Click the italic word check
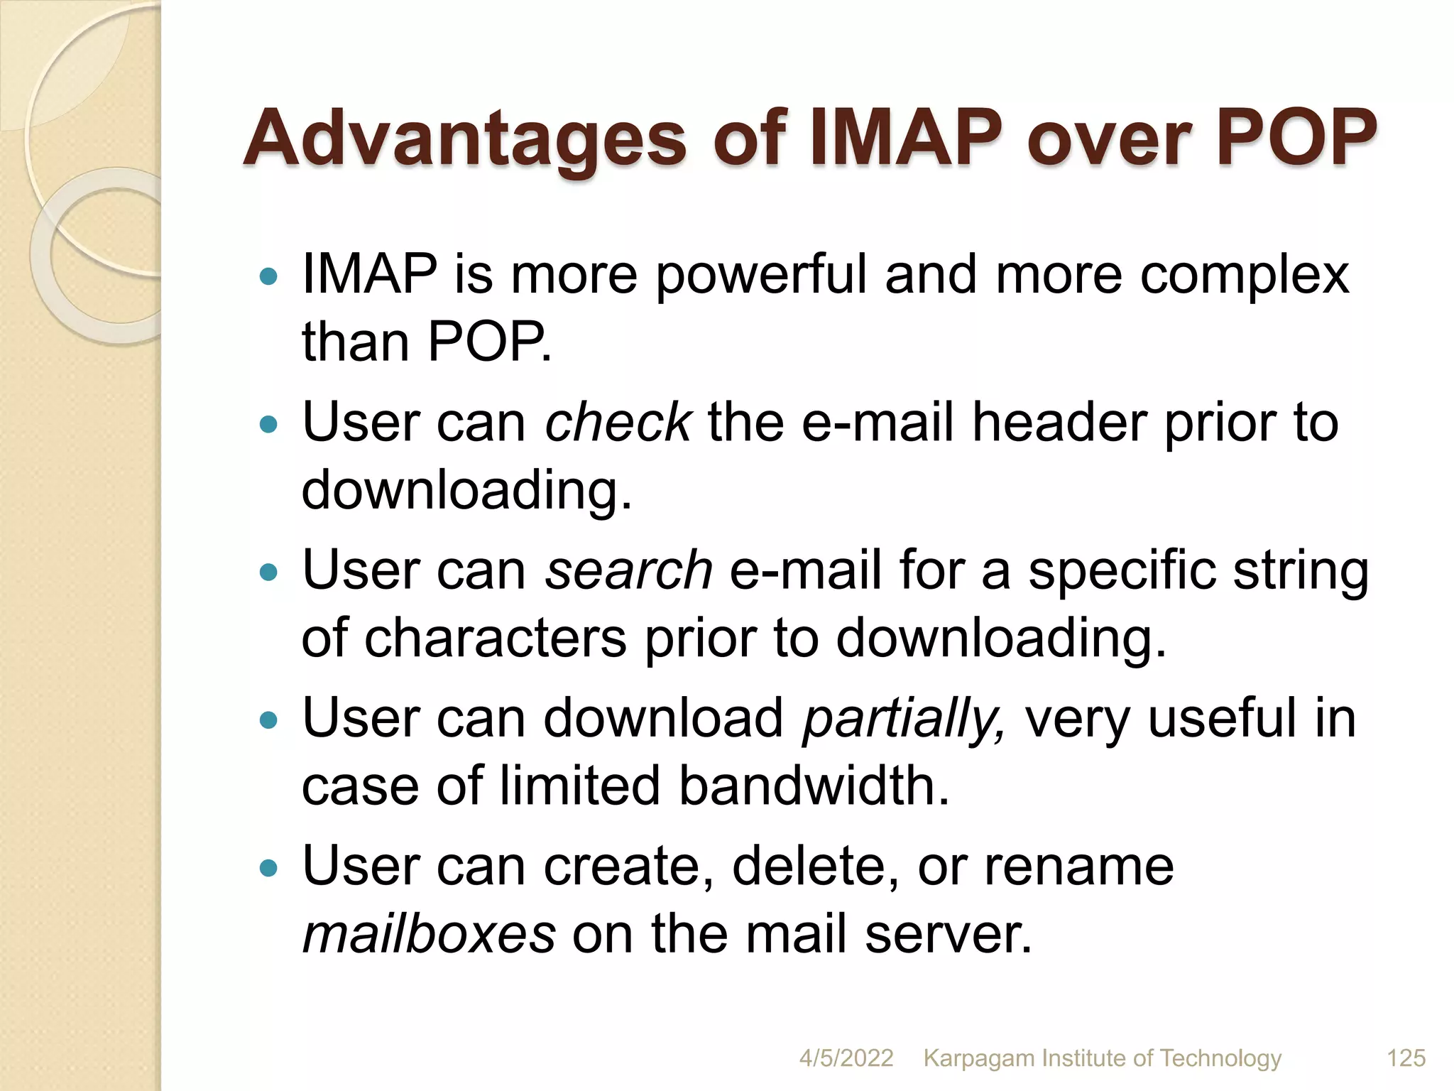[x=617, y=422]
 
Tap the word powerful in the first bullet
[x=760, y=276]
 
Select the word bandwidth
[x=813, y=786]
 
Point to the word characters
[x=496, y=638]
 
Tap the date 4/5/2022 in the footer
[x=846, y=1058]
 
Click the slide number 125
[x=1406, y=1058]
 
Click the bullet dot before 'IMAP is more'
[x=268, y=276]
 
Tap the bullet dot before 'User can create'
[x=268, y=867]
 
